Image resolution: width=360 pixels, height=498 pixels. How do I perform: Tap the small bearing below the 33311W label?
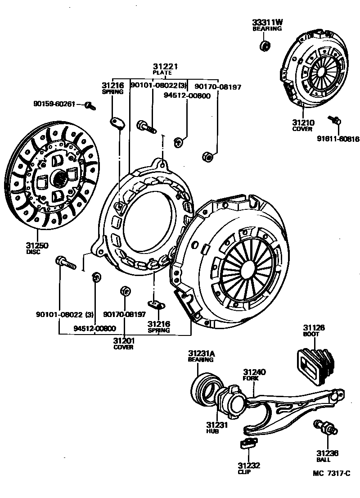(265, 45)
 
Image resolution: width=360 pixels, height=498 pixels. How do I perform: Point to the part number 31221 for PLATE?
(165, 66)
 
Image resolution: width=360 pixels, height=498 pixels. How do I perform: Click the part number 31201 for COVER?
(123, 341)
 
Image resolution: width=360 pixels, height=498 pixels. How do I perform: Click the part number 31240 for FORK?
(255, 372)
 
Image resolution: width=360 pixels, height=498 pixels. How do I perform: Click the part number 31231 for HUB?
(217, 425)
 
